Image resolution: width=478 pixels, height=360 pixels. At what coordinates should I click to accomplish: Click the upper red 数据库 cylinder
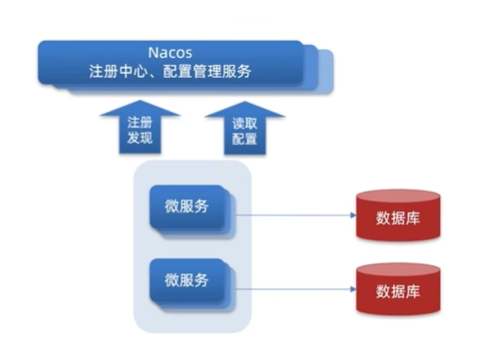coord(399,214)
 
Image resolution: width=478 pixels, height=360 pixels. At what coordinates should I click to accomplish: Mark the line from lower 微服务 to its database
coord(290,289)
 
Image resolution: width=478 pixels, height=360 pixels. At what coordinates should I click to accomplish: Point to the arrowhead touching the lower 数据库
coord(352,289)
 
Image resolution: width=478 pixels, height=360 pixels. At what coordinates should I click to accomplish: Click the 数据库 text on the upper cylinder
coord(399,218)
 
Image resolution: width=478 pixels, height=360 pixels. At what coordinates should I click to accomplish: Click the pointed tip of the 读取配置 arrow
coord(244,105)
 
